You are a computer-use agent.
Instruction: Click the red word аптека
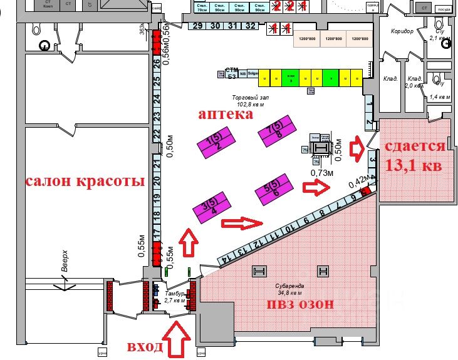226,115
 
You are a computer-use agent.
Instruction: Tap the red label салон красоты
85,182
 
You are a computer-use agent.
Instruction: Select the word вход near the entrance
145,347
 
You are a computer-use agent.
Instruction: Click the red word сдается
414,147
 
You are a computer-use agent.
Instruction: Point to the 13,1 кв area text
414,166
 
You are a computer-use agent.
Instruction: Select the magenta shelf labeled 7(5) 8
276,130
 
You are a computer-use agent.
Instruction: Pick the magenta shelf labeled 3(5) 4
210,207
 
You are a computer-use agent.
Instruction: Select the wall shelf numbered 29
197,26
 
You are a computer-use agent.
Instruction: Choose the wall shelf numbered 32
250,26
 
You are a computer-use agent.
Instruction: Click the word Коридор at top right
402,32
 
